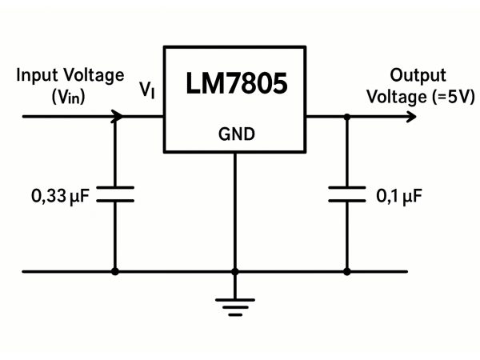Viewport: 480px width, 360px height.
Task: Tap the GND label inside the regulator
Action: coord(236,134)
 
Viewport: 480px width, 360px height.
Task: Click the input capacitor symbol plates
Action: coord(115,194)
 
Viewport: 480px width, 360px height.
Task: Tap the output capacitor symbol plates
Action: coord(346,194)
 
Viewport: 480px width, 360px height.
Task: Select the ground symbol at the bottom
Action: coord(235,304)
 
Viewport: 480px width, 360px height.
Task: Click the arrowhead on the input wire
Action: coord(118,116)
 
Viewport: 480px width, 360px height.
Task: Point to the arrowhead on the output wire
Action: coord(411,116)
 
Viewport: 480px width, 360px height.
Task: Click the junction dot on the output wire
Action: coord(346,116)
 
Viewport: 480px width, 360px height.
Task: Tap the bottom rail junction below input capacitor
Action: coord(115,271)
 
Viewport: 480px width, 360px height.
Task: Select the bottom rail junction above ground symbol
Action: coord(235,271)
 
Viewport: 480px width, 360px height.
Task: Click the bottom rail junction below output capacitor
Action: coord(346,271)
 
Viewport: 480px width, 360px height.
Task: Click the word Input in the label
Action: coord(36,76)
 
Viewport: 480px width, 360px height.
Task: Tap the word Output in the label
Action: coord(418,76)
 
